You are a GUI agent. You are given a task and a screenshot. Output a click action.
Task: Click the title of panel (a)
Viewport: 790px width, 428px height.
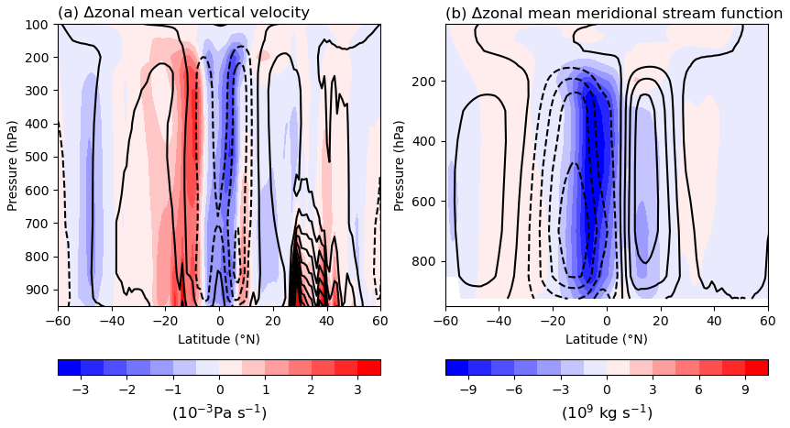click(183, 13)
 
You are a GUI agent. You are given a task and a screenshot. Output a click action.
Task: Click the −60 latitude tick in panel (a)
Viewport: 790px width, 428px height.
click(58, 320)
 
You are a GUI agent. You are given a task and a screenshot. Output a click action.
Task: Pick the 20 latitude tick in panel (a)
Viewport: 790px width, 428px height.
click(273, 320)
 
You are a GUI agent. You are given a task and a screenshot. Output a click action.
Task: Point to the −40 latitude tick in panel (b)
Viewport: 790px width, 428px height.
click(499, 320)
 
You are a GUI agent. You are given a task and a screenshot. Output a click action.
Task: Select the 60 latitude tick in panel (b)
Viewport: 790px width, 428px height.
click(768, 320)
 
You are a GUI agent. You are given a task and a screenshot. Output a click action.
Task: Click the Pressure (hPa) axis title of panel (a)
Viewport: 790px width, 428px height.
click(13, 165)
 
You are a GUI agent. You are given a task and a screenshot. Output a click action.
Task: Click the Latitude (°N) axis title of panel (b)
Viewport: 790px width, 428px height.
click(607, 338)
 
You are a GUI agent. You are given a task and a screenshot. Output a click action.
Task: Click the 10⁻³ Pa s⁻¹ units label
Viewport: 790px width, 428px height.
click(219, 412)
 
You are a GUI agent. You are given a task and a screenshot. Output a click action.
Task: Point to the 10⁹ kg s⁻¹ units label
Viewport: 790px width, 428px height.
click(607, 412)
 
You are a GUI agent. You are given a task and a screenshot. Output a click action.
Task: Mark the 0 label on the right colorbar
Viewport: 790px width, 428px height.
click(607, 389)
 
